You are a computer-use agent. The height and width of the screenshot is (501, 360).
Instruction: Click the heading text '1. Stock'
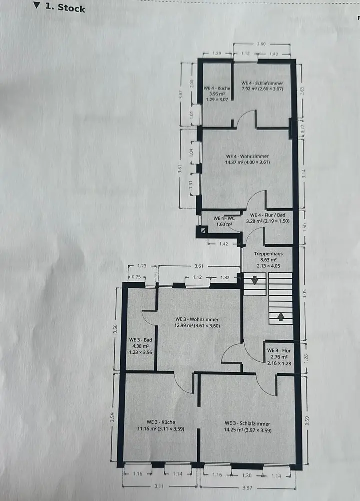(x=64, y=8)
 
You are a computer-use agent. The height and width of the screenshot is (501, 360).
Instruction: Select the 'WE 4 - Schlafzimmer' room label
(x=262, y=83)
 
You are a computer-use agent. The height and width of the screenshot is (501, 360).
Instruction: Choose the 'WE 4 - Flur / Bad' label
(x=268, y=214)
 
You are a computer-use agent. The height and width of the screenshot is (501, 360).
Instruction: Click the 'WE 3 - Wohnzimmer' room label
(x=198, y=319)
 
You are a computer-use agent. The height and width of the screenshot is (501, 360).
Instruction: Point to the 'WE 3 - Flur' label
(x=279, y=350)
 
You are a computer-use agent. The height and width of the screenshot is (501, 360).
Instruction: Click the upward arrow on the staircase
(x=280, y=316)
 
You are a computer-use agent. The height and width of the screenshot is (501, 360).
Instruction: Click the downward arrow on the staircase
(x=254, y=281)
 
